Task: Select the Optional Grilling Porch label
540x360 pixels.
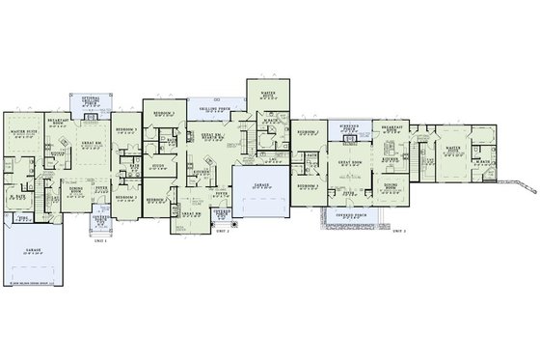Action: pos(91,100)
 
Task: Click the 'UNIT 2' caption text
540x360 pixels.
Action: pos(221,233)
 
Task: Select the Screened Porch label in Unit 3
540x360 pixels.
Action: pos(343,128)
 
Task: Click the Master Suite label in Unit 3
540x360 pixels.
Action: pos(452,149)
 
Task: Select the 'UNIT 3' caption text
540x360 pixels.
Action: pos(398,233)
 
